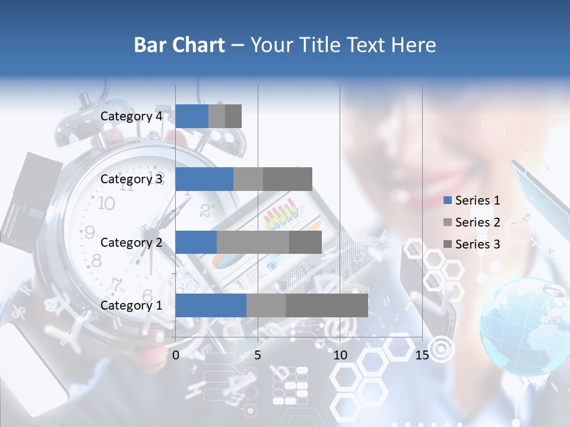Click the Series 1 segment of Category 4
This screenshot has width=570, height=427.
pyautogui.click(x=192, y=116)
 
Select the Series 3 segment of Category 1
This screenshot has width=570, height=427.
pyautogui.click(x=327, y=305)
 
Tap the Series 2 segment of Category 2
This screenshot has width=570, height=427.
pyautogui.click(x=253, y=243)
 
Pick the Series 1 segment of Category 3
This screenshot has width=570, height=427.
pyautogui.click(x=204, y=179)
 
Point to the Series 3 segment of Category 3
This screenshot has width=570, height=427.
pyautogui.click(x=287, y=179)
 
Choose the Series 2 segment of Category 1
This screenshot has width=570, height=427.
pyautogui.click(x=266, y=305)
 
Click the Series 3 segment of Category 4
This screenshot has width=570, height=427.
pyautogui.click(x=233, y=116)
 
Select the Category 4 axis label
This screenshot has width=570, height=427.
pyautogui.click(x=131, y=116)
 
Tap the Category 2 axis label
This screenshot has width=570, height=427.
pyautogui.click(x=131, y=242)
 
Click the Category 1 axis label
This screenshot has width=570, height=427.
pyautogui.click(x=131, y=305)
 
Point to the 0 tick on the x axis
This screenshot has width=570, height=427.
pyautogui.click(x=176, y=355)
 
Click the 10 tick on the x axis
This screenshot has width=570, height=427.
pyautogui.click(x=340, y=355)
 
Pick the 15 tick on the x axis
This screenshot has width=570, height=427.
pyautogui.click(x=422, y=355)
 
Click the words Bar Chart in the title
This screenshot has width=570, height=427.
pyautogui.click(x=179, y=45)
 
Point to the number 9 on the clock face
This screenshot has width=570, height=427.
pyautogui.click(x=90, y=231)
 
